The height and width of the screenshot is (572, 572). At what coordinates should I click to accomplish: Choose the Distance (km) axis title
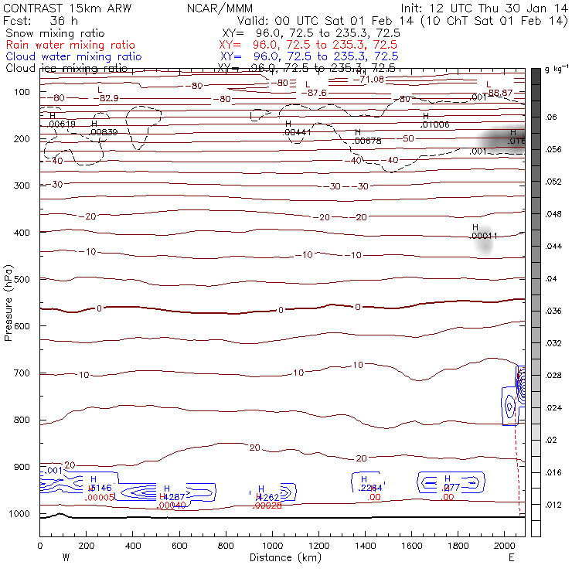282,557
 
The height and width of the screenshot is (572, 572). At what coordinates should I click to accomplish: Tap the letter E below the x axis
511,557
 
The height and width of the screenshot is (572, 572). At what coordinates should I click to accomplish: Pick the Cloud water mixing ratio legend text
73,56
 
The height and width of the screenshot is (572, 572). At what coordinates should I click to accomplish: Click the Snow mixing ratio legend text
56,34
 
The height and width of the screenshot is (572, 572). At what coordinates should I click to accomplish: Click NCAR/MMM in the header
220,8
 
